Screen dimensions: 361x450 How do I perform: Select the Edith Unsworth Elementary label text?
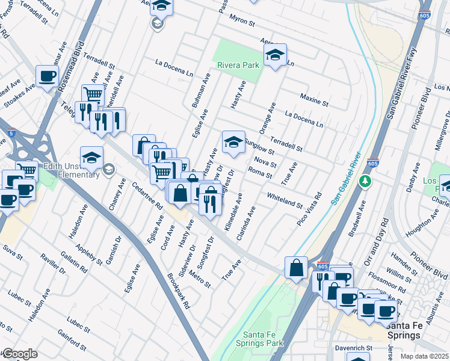(71, 170)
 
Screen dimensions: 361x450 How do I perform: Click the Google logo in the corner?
(19, 354)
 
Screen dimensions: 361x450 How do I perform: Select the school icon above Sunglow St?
(233, 142)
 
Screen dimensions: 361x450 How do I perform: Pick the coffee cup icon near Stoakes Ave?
(47, 76)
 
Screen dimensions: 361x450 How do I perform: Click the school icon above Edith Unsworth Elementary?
(91, 158)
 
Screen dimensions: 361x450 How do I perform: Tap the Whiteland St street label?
(285, 201)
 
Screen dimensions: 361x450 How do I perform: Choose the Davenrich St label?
(353, 348)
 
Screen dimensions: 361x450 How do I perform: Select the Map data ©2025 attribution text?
(424, 356)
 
